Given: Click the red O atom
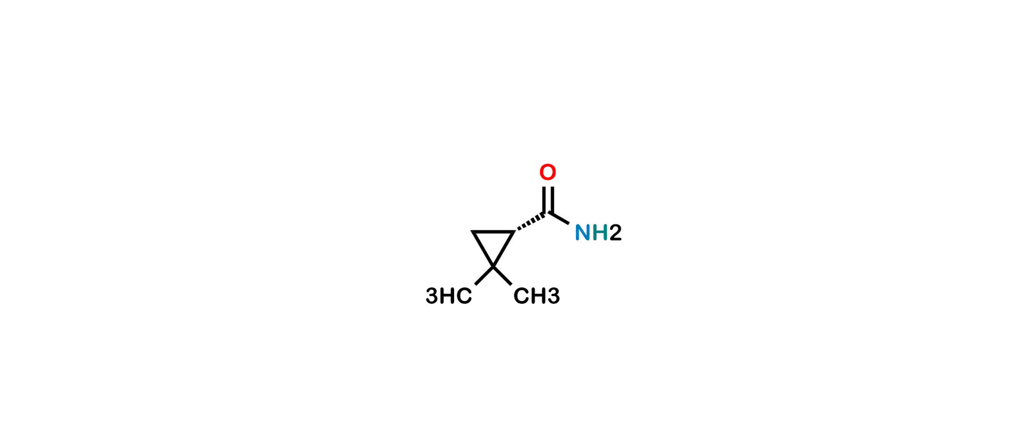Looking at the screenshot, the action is (x=547, y=172).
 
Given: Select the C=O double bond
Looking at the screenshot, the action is (x=548, y=200).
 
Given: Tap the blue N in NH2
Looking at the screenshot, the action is (x=583, y=233).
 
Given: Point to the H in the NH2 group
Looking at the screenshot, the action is (x=600, y=233).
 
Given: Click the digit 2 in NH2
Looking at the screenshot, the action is (x=616, y=233).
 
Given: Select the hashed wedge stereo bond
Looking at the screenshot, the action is (x=531, y=222).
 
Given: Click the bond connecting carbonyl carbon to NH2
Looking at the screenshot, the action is (x=559, y=218).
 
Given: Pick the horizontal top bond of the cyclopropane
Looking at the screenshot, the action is (x=493, y=232).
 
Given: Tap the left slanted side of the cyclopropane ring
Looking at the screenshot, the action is (x=483, y=249).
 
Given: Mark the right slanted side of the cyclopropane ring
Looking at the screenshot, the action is (x=504, y=249).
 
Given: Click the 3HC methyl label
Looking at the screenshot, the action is (x=449, y=296).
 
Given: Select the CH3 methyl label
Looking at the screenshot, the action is (x=537, y=296).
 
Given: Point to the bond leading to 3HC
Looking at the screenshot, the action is (x=484, y=276).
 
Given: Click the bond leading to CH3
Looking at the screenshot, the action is (x=502, y=276).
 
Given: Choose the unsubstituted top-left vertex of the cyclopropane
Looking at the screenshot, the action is (x=472, y=232).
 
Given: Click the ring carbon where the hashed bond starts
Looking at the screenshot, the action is (x=514, y=232).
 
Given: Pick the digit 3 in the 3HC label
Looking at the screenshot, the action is (x=432, y=296).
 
